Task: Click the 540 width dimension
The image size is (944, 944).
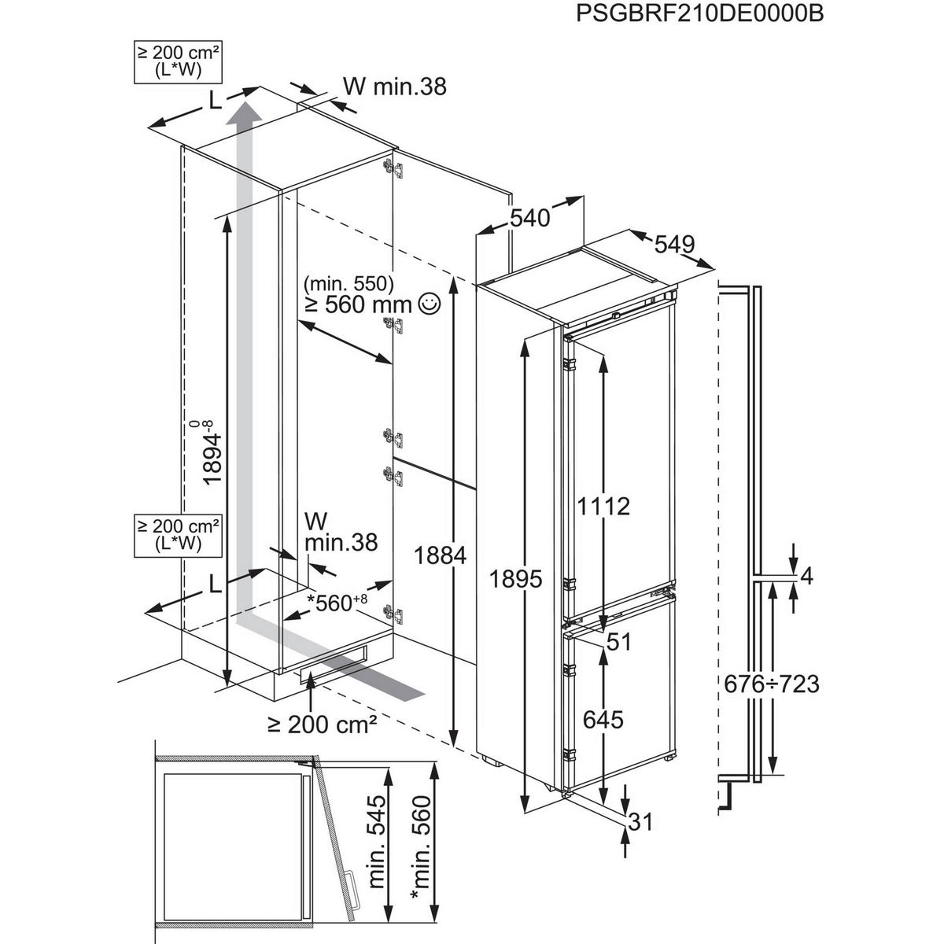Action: pos(529,218)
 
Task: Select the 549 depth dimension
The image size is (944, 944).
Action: pos(674,245)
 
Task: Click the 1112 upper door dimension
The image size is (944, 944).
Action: pos(603,506)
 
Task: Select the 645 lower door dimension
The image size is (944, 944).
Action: pos(603,718)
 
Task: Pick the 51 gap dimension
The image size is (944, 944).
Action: pos(619,642)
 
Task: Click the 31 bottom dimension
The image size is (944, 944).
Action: pos(641,823)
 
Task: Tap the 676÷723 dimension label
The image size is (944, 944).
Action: pos(771,684)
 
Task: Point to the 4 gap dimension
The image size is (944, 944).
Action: pos(805,577)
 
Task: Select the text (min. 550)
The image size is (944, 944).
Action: pos(349,282)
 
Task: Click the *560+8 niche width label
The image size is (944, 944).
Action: pos(337,603)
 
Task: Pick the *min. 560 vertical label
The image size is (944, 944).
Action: pos(421,842)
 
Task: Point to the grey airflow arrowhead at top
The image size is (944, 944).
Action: pos(247,110)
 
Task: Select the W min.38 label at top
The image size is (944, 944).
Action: pos(395,86)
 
